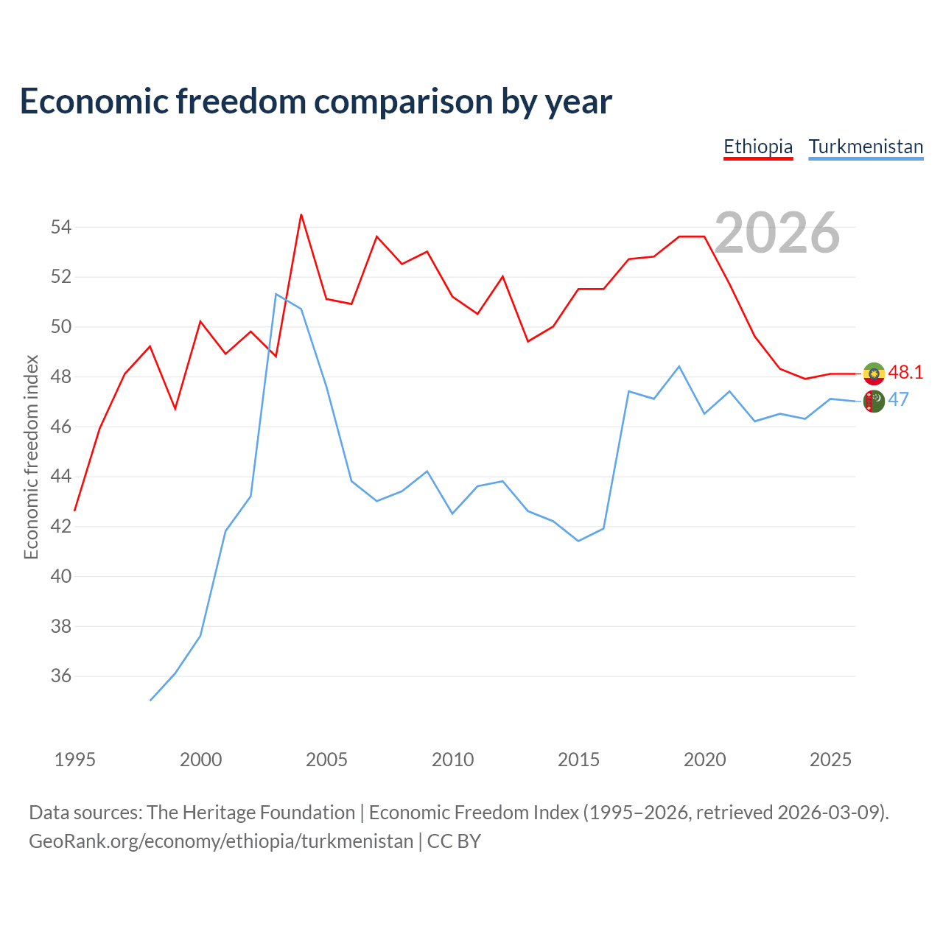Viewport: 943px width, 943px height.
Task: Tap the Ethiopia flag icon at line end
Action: [874, 374]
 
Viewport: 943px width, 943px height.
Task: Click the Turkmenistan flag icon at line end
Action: [874, 402]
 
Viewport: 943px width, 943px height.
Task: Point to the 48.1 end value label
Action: [905, 372]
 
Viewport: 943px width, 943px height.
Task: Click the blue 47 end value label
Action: [898, 400]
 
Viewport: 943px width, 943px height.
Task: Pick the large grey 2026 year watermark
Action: [777, 233]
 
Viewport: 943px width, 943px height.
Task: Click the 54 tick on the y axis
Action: [60, 227]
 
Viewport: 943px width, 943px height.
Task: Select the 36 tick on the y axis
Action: [60, 676]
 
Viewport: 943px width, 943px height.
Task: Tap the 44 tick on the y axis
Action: [60, 476]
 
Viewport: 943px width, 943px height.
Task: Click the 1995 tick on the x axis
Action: [75, 760]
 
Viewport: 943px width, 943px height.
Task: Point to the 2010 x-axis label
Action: [452, 760]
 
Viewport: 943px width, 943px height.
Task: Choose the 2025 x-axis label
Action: [830, 760]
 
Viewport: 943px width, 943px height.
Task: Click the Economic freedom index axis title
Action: [32, 457]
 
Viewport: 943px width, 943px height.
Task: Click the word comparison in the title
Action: [404, 102]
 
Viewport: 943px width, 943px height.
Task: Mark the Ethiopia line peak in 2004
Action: [301, 214]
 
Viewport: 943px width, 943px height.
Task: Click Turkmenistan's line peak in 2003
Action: [276, 294]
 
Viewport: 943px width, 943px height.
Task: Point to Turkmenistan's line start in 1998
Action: [150, 701]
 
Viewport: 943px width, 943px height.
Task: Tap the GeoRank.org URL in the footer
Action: [221, 841]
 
